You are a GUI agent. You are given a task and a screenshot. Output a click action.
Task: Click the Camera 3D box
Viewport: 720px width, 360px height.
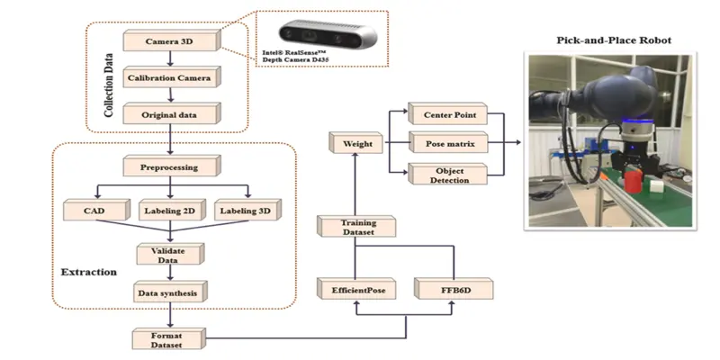(x=169, y=41)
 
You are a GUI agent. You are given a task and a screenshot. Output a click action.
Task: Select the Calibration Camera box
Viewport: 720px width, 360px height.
(x=169, y=78)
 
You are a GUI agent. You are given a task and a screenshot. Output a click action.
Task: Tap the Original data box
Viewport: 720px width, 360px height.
(x=169, y=115)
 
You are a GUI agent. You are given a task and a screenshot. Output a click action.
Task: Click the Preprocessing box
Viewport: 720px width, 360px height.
(x=169, y=167)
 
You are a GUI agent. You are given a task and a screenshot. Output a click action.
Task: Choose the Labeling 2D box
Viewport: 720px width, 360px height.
(x=169, y=211)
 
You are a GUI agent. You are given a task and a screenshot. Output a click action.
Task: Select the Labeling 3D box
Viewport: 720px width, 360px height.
(x=246, y=211)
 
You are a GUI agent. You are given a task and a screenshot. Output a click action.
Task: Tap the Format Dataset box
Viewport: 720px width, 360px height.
(x=169, y=339)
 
